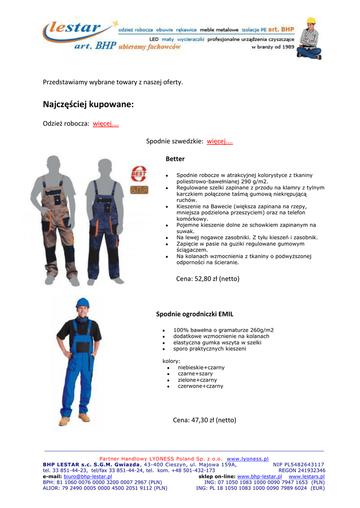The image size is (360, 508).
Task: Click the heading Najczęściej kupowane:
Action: click(x=88, y=105)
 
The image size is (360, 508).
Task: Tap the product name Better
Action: click(x=175, y=159)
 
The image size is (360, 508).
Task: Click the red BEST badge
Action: click(x=139, y=174)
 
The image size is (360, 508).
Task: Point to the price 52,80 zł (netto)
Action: click(x=208, y=279)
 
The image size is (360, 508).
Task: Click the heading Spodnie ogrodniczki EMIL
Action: click(x=195, y=314)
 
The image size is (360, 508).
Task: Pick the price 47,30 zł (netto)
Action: click(x=204, y=420)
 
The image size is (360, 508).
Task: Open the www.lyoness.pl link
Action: click(x=247, y=459)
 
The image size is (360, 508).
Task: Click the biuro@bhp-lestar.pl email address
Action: click(x=88, y=476)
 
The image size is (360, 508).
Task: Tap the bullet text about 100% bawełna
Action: click(x=223, y=330)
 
